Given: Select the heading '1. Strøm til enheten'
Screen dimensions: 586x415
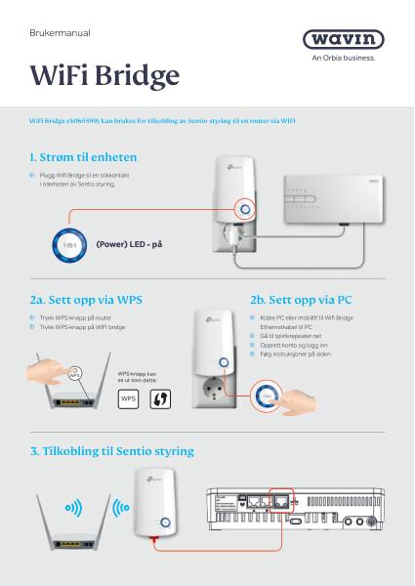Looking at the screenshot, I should (x=83, y=156).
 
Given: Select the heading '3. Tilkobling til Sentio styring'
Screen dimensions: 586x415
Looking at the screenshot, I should (x=112, y=451).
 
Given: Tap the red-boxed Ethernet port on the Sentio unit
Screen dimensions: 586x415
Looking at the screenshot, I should (x=282, y=502).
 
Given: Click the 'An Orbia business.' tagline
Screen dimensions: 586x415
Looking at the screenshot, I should (x=349, y=58).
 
